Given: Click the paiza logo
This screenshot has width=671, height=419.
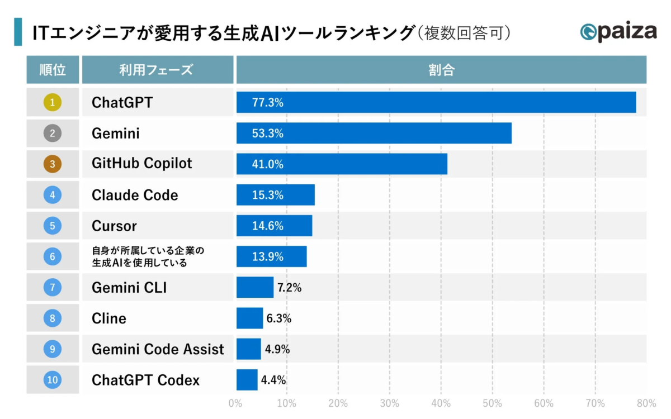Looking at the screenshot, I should pos(618,32).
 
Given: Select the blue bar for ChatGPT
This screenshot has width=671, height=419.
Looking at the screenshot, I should pos(436,102).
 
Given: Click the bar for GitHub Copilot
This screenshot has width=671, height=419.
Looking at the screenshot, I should pos(342,164).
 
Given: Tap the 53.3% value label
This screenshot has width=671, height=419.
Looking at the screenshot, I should pos(268,134).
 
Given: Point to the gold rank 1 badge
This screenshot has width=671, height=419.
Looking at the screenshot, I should pos(52,102).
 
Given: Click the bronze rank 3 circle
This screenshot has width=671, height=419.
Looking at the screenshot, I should pos(52,164).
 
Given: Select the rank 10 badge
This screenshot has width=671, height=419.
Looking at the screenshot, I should pos(52,380).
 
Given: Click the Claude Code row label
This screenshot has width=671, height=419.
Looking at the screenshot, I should pos(135,195).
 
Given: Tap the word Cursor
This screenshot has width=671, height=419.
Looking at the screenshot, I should pos(114,226).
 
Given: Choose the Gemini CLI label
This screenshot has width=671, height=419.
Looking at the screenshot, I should pos(129,288).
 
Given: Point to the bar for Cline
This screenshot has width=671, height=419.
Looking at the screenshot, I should pos(249,318).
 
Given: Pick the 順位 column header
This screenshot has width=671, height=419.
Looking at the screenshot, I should pos(53,70).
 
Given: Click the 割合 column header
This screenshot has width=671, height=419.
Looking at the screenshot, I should pos(441,70).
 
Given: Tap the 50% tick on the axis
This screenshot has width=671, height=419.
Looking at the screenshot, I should pos(492,403).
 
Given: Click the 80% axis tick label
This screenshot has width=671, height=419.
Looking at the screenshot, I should pos(646,403).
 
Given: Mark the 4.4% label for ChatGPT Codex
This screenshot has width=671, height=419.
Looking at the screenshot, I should pos(273,380).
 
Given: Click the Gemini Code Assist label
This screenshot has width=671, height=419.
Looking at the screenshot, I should pos(158,349).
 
